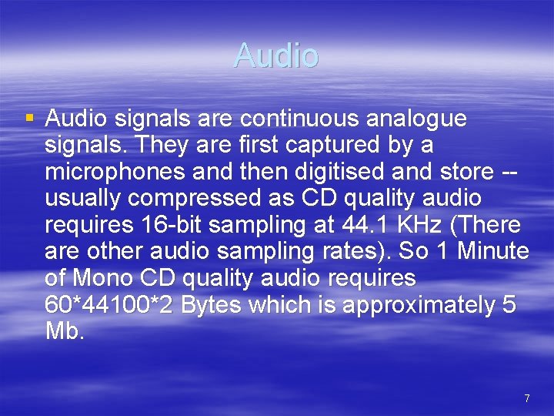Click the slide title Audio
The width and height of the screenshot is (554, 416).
tap(275, 55)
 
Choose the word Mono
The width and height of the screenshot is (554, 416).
tap(103, 278)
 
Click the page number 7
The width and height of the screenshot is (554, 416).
tap(526, 398)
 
